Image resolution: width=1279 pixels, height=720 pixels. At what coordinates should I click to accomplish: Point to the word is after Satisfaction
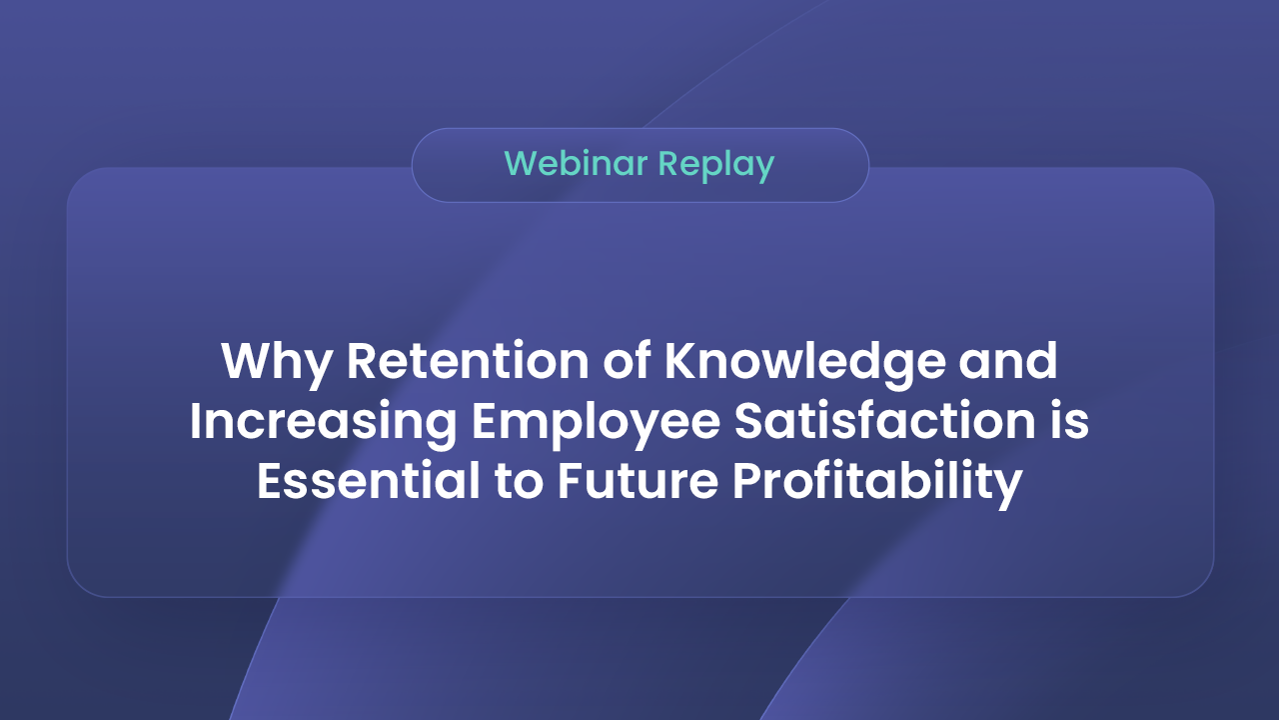(1070, 422)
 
